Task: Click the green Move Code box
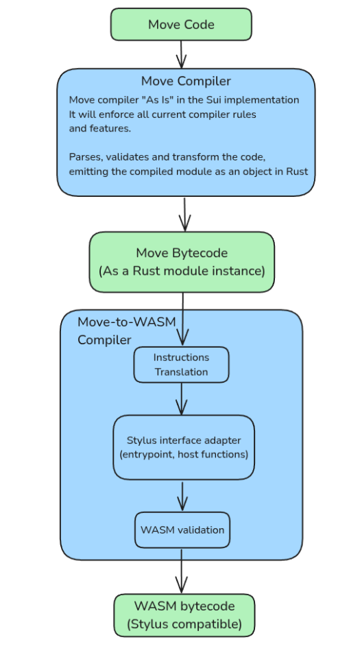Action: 181,24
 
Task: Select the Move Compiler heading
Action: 186,81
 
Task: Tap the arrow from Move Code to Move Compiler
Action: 181,54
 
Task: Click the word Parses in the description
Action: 86,157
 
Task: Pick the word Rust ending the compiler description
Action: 297,171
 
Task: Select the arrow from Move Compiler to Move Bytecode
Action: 184,214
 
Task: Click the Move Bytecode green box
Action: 182,262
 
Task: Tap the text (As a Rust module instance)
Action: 182,271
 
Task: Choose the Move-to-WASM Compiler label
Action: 127,331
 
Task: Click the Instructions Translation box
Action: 181,365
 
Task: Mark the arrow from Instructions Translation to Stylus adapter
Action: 181,399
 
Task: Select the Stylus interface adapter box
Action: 184,447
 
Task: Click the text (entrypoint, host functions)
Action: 184,454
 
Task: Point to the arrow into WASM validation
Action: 182,497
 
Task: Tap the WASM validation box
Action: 182,530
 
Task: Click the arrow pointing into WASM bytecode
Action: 181,571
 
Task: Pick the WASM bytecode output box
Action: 184,615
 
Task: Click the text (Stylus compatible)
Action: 184,625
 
